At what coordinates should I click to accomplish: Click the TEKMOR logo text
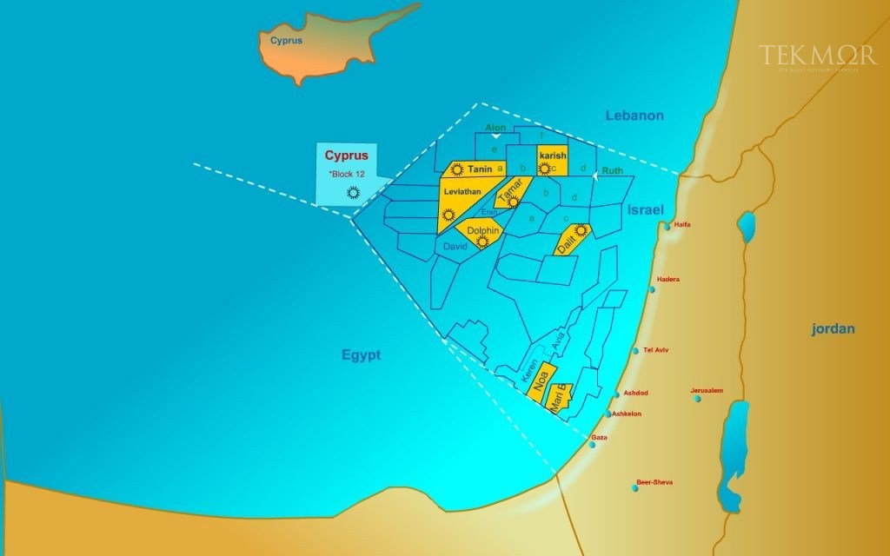tap(816, 56)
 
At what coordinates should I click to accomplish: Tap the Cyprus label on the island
tap(286, 41)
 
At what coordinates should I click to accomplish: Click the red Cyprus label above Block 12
tap(347, 156)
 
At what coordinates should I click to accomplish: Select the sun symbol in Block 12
tap(353, 193)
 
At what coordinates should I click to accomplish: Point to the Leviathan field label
tap(462, 191)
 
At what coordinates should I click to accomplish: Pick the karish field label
tap(552, 155)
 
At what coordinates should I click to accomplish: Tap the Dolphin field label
tap(482, 231)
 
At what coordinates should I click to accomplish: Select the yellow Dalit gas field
tap(572, 238)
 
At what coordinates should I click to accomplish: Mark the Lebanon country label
tap(634, 116)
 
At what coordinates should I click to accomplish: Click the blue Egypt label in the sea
tap(362, 355)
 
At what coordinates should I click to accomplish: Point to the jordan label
tap(834, 329)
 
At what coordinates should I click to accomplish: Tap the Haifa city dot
tap(667, 227)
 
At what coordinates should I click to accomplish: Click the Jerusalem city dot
tap(698, 399)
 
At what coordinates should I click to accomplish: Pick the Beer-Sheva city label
tap(654, 482)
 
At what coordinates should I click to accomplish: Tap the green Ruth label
tap(613, 172)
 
